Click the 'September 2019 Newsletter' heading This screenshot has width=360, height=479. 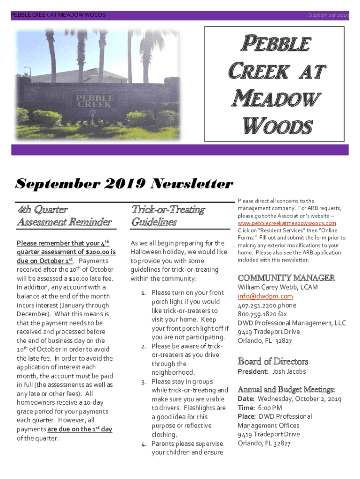124,183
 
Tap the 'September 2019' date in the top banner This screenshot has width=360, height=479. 329,15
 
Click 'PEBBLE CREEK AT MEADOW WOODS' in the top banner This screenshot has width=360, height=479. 58,15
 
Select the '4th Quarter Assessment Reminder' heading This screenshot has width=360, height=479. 64,216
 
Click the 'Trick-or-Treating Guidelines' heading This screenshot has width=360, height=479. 168,216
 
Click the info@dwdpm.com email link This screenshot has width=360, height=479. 265,296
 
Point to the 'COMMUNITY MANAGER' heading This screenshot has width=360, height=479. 286,277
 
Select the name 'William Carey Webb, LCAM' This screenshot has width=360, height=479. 275,287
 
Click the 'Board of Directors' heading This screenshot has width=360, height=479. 273,361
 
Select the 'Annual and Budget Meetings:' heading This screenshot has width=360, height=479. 286,389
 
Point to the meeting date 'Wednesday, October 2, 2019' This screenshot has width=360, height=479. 299,399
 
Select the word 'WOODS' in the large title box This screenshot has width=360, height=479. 277,126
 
